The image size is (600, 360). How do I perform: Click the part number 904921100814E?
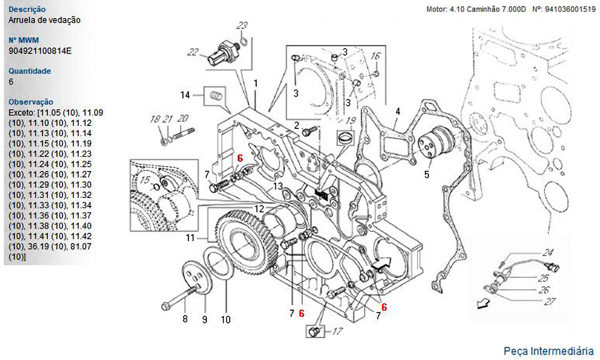tap(40, 50)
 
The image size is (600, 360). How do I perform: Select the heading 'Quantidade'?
tap(29, 71)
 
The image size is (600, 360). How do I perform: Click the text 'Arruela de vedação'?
tap(45, 20)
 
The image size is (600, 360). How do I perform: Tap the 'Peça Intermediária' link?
tap(548, 350)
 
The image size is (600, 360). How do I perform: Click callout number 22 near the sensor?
tap(193, 52)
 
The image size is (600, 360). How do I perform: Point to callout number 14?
tap(185, 94)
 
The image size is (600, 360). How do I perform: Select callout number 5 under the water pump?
tap(427, 175)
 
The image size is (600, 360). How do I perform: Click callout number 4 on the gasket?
tap(397, 111)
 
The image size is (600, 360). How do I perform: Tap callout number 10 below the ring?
tap(225, 319)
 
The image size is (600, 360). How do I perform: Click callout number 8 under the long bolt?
tap(185, 319)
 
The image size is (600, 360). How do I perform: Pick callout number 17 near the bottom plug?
tap(337, 330)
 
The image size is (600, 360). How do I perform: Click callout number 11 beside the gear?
tap(190, 238)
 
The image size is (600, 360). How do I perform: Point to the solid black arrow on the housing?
tap(381, 262)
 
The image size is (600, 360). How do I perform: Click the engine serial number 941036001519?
tap(568, 10)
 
